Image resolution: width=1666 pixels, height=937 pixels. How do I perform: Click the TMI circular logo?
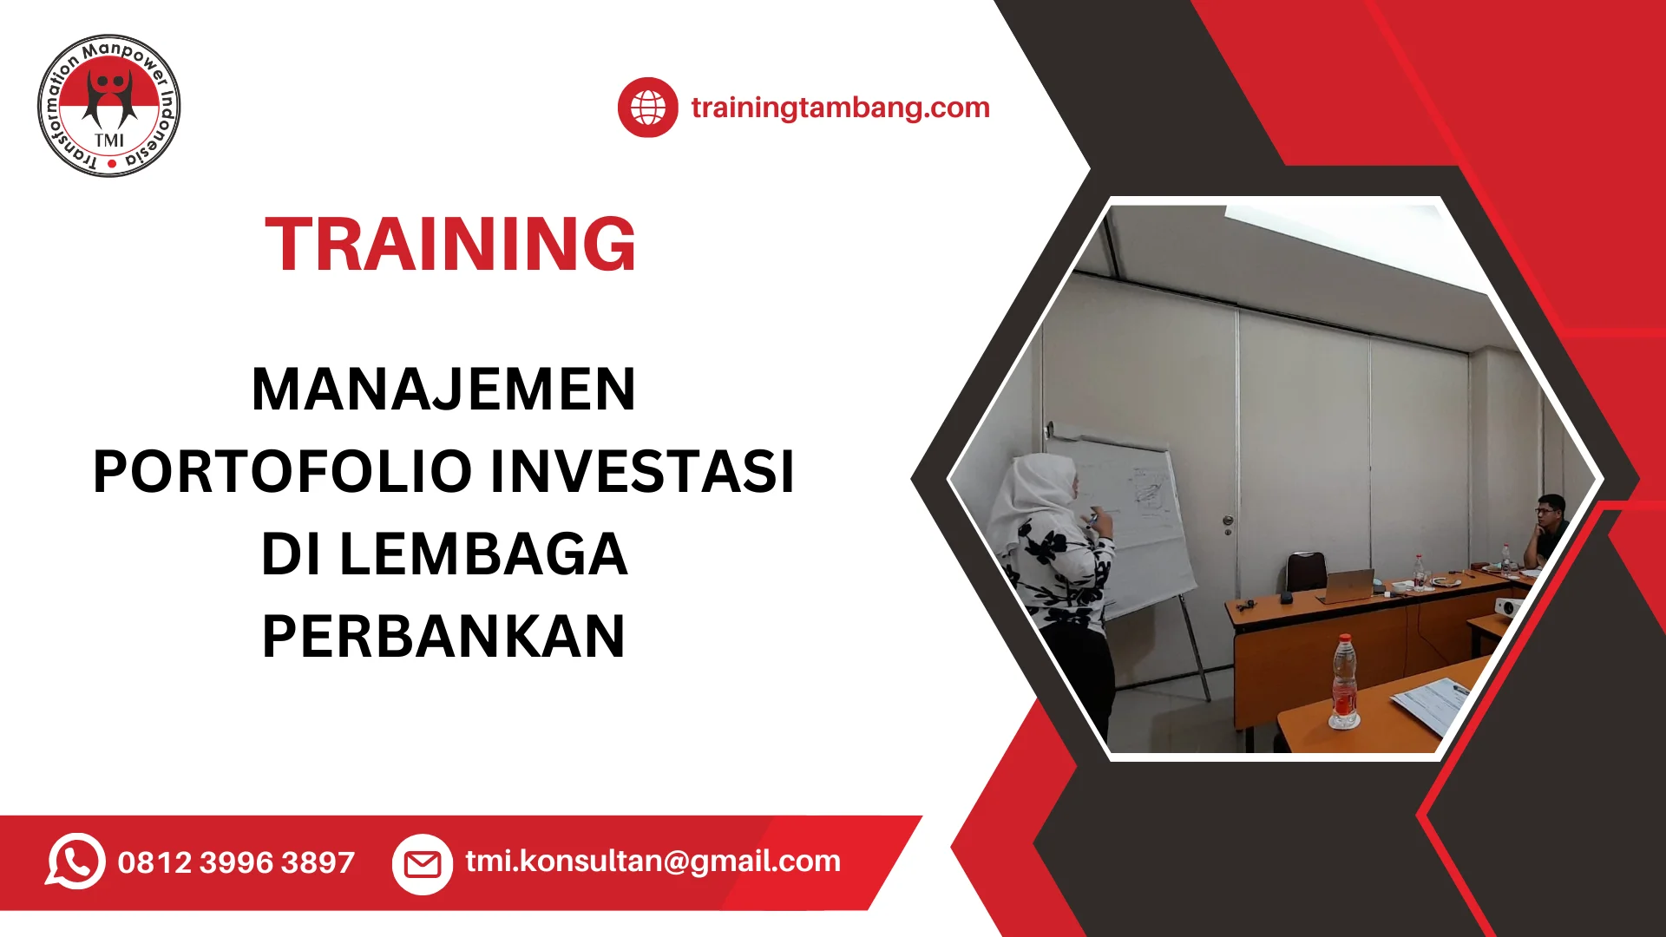(109, 106)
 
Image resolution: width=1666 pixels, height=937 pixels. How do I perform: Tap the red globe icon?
(647, 108)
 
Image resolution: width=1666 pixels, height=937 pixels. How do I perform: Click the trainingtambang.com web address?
(840, 108)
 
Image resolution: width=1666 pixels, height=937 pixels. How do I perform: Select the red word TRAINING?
(450, 244)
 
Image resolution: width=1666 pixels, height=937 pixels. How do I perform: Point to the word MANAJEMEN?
(443, 389)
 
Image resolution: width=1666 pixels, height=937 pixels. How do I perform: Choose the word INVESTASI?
(642, 471)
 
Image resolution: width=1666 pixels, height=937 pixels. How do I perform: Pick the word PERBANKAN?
(443, 636)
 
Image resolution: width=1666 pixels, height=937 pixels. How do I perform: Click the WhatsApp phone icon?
(75, 862)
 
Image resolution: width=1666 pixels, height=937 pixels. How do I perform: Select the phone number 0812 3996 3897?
(236, 862)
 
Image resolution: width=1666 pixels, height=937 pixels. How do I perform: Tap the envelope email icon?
(423, 863)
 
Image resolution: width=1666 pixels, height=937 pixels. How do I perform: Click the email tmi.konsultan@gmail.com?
(653, 861)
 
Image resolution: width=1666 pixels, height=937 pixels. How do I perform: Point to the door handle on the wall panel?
(1227, 522)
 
